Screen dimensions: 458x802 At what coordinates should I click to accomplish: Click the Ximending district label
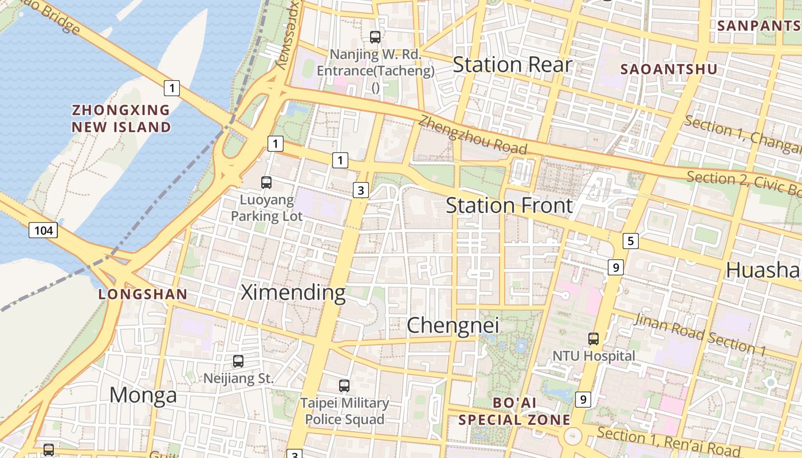(293, 293)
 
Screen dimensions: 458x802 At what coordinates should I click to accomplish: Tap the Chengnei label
(453, 325)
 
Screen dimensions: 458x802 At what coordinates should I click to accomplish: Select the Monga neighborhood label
(143, 395)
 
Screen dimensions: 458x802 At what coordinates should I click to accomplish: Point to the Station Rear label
(512, 65)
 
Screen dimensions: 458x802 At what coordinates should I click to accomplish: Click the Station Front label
(509, 206)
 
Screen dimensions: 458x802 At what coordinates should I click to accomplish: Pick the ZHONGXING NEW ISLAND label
(121, 119)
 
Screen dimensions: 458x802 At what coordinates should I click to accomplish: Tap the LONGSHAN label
(143, 294)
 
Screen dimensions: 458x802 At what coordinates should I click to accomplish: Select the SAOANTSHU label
(669, 69)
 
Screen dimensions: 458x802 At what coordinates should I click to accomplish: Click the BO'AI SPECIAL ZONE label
(514, 411)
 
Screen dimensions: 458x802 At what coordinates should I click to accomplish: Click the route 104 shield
(43, 231)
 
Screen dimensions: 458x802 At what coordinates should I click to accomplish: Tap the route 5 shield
(630, 241)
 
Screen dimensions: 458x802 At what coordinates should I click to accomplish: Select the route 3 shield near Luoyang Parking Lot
(360, 190)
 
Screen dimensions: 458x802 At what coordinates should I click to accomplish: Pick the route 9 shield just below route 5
(615, 267)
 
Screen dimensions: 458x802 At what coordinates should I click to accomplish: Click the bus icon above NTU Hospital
(593, 339)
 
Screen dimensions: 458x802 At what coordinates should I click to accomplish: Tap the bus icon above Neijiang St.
(238, 361)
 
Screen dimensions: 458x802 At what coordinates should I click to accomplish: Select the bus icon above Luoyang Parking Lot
(266, 183)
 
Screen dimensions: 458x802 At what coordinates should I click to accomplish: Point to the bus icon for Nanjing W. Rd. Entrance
(375, 37)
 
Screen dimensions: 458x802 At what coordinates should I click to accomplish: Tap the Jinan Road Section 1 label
(699, 334)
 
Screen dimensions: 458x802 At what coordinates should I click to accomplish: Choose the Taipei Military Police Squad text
(344, 411)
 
